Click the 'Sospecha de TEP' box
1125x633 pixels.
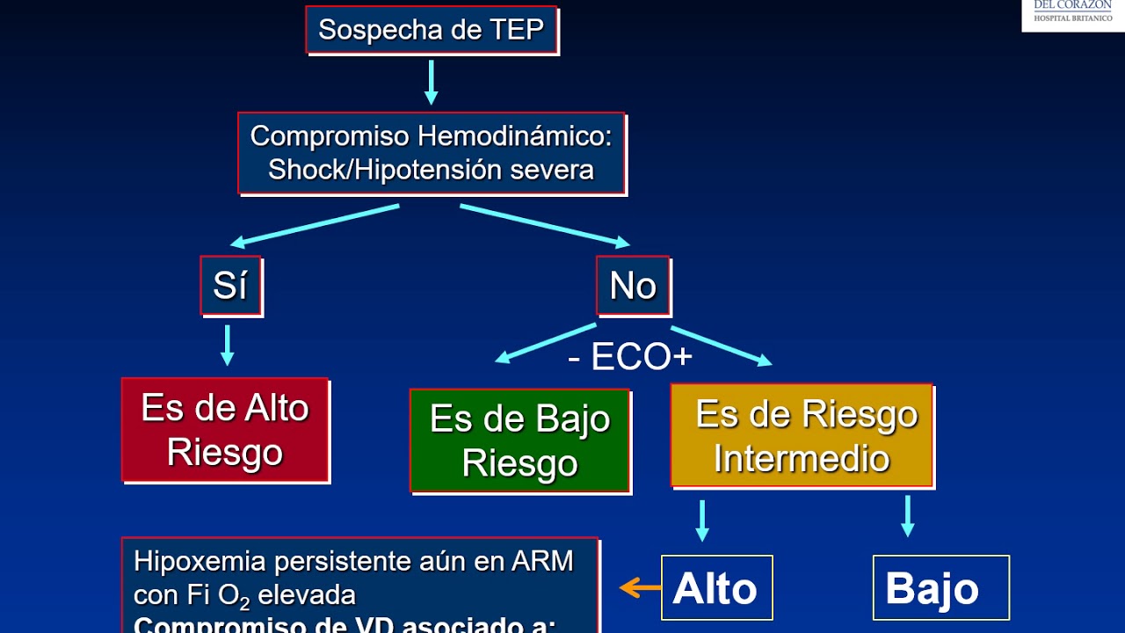[431, 29]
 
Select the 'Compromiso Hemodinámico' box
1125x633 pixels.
[431, 152]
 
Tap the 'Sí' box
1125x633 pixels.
[230, 286]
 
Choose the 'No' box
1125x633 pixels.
[633, 286]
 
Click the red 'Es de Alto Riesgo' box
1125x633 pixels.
[225, 430]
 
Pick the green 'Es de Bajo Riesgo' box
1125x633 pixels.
[519, 440]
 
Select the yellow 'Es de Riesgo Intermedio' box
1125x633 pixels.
[802, 436]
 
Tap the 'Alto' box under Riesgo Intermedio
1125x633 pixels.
[715, 588]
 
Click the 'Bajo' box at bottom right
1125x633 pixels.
[940, 588]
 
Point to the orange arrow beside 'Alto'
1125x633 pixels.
[641, 587]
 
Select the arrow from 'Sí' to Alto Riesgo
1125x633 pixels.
[228, 345]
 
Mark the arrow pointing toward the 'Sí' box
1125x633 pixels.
[314, 224]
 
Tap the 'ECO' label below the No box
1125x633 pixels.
[629, 357]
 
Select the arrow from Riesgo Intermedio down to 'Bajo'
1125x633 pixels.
[908, 516]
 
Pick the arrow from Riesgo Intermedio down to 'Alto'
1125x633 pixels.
[701, 520]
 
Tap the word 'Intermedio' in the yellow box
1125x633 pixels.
[802, 459]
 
